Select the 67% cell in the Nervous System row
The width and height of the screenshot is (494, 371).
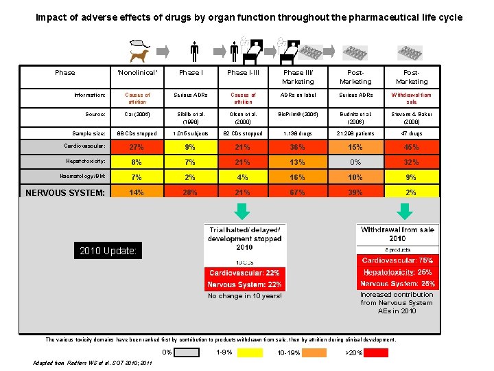pos(298,192)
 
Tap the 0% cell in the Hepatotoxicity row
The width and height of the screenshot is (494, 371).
pos(355,162)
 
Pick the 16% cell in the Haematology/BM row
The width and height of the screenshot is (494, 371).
pos(298,177)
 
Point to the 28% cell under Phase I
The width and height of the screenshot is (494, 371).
pos(190,192)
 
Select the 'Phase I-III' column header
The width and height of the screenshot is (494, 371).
pos(243,73)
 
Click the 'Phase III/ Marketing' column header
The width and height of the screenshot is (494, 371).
pos(298,77)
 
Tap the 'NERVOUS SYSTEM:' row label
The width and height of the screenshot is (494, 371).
pos(64,193)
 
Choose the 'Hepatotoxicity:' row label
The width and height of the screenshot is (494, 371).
pos(84,161)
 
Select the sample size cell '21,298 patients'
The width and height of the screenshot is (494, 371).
pos(355,133)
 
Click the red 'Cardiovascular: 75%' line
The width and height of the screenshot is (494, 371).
pos(397,260)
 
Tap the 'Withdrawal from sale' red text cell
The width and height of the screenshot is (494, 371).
pos(410,98)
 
